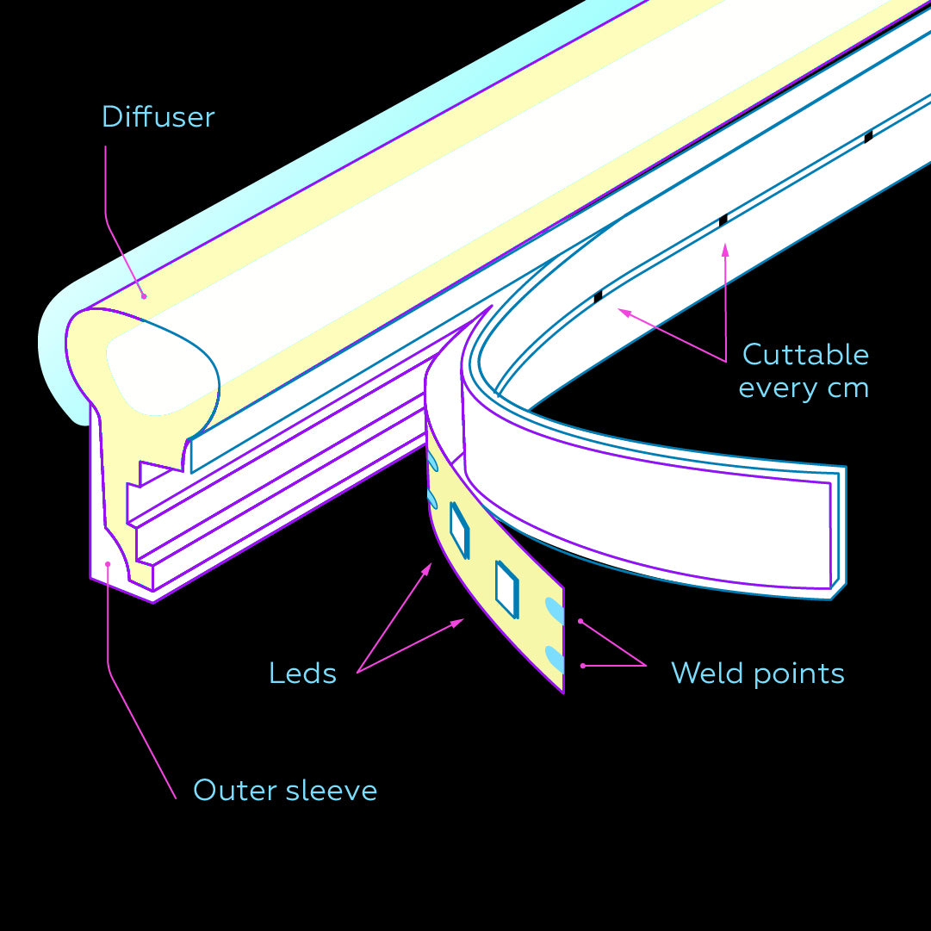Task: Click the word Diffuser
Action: coord(158,117)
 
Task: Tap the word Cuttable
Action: coord(805,355)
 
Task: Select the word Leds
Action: coord(302,673)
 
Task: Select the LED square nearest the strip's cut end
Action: coord(506,589)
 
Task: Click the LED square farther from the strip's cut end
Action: coord(459,528)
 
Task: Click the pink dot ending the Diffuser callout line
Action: coord(144,296)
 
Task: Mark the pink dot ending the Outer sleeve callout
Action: coord(108,565)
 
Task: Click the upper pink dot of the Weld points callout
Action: coord(581,620)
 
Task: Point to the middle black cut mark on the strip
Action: coord(723,220)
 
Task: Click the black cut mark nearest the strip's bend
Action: coord(598,296)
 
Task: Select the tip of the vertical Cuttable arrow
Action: coord(725,246)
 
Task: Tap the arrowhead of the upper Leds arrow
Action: coord(428,566)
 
